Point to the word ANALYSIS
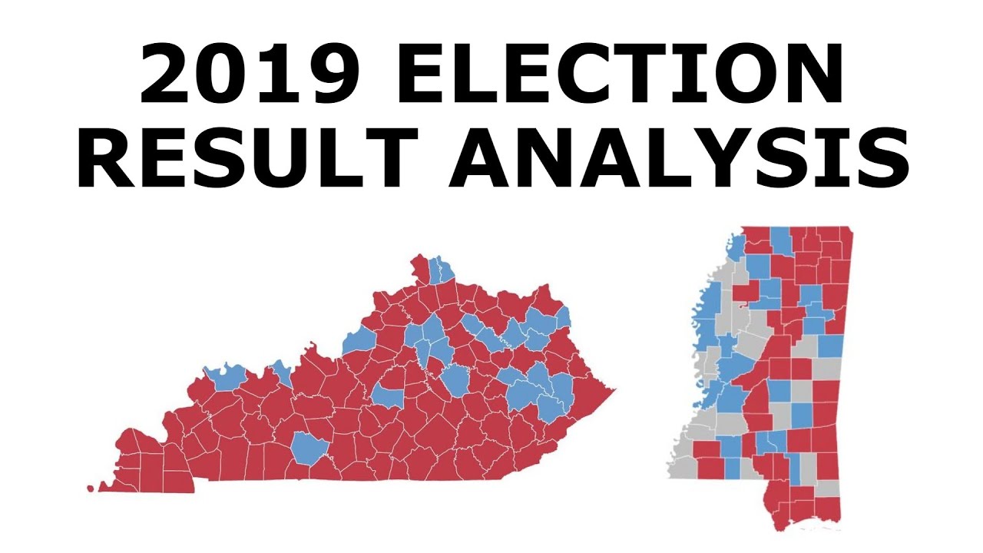click(x=676, y=161)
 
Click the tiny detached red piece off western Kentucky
click(x=91, y=488)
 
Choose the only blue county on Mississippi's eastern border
click(x=830, y=346)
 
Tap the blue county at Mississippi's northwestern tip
click(x=736, y=247)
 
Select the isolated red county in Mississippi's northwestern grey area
click(x=743, y=293)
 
